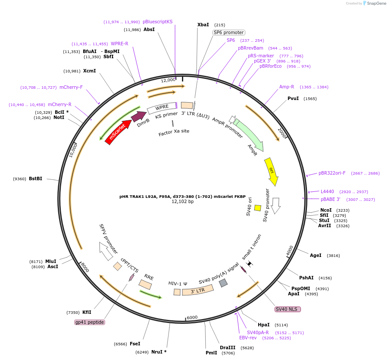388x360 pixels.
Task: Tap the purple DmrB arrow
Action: tap(138, 116)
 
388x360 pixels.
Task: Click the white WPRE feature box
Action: tap(162, 108)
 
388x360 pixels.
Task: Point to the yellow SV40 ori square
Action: tap(258, 208)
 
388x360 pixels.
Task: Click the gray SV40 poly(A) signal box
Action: tap(223, 283)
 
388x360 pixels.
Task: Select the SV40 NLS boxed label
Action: tap(288, 309)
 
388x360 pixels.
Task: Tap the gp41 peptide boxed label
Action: tap(90, 322)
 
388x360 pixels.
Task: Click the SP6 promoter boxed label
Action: tap(228, 32)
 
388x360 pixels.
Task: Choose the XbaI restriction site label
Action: tap(203, 25)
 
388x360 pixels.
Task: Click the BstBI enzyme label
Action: tap(35, 178)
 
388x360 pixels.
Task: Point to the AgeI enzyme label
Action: tap(316, 255)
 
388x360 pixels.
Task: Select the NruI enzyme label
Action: tap(157, 352)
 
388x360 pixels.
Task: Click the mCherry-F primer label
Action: tap(71, 88)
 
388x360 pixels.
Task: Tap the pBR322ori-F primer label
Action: tap(332, 173)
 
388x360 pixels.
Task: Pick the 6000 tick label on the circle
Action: tap(192, 317)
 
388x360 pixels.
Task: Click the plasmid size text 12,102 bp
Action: tap(183, 202)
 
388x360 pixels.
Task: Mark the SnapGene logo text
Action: tap(376, 3)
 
